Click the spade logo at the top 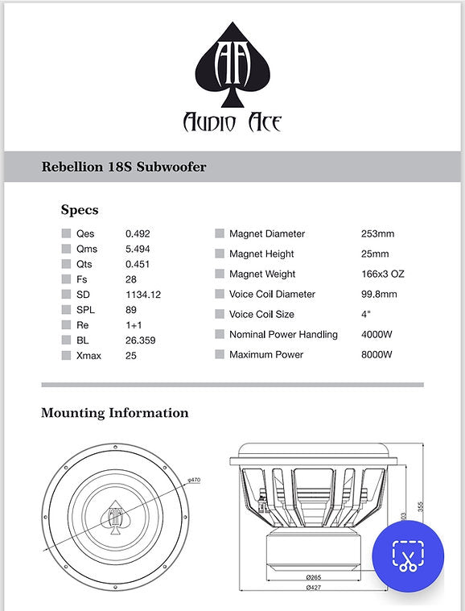[x=232, y=65]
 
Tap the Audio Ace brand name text [x=232, y=122]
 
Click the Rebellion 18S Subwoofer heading [x=124, y=167]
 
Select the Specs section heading [x=80, y=210]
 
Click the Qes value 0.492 [x=138, y=234]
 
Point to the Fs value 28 [x=131, y=279]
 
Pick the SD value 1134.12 [x=143, y=295]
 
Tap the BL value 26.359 [x=140, y=340]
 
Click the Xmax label [x=90, y=355]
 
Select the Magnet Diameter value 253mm [x=378, y=234]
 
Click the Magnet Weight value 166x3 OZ [x=383, y=275]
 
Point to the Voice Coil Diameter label [x=272, y=295]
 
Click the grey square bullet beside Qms [x=67, y=250]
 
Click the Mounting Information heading [x=115, y=413]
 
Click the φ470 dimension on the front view [x=194, y=481]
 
